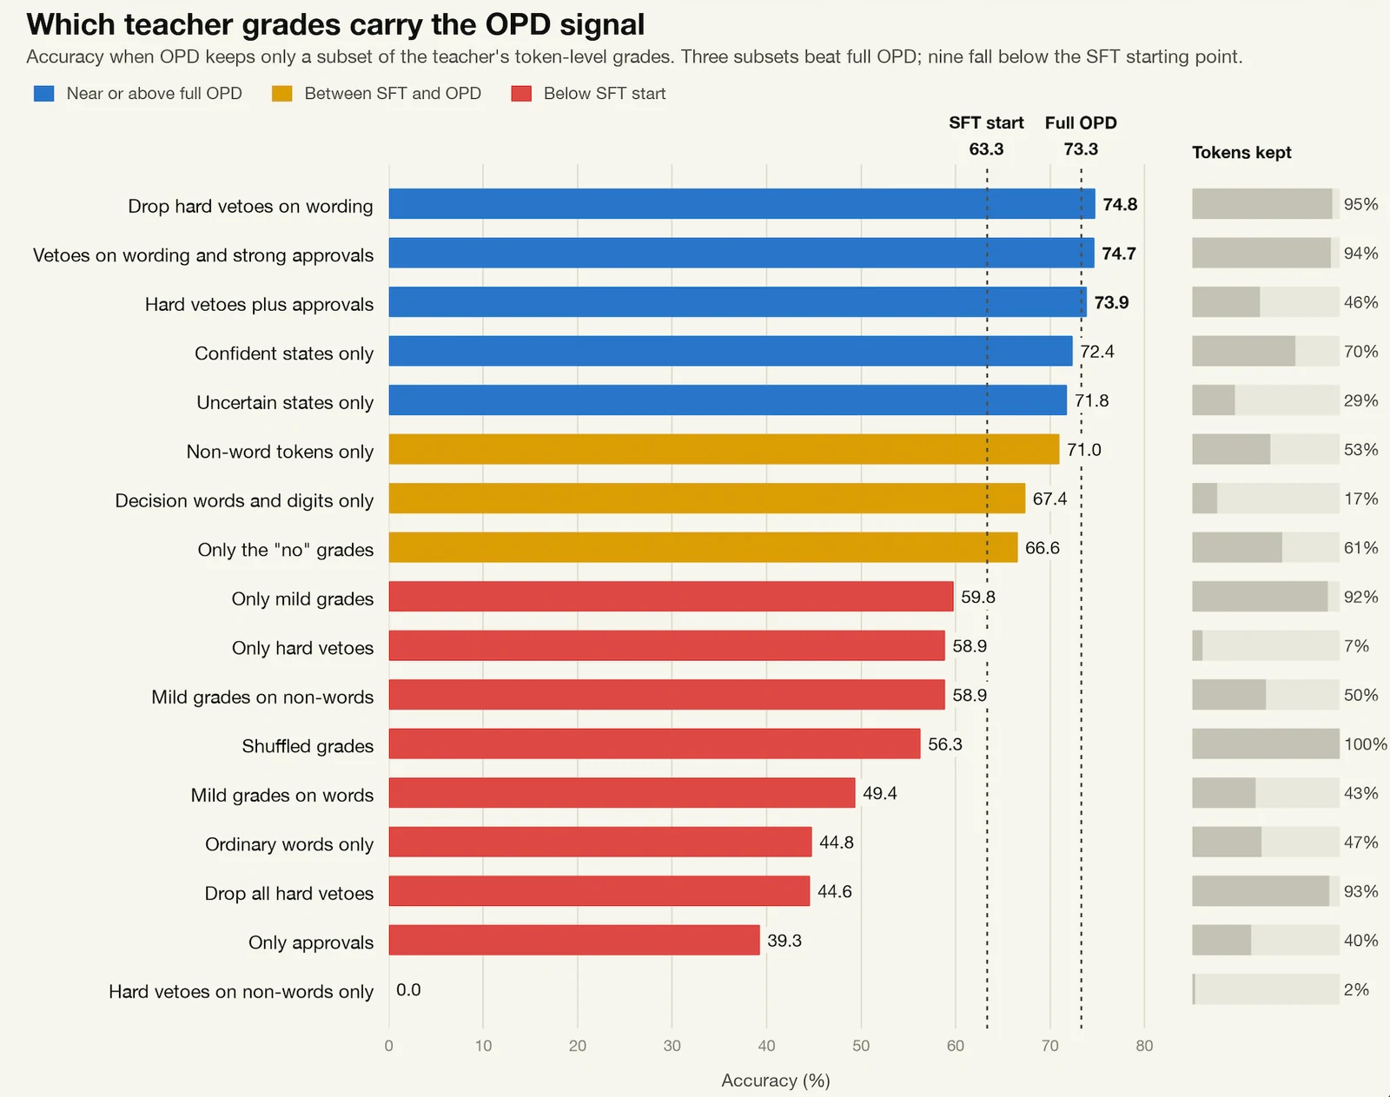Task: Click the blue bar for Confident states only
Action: point(731,351)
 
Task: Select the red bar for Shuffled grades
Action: point(654,743)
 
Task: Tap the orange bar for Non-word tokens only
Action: point(724,449)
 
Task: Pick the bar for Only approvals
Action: point(574,940)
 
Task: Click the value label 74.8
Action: point(1120,204)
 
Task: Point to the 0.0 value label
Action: point(408,989)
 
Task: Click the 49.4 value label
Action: point(880,793)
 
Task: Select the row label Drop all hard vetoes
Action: point(288,893)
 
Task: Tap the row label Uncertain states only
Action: point(285,402)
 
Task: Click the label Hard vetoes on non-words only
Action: point(241,991)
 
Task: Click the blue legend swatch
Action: point(44,94)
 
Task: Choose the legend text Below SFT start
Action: point(605,94)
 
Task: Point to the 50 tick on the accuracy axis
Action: point(861,1046)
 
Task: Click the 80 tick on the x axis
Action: point(1144,1046)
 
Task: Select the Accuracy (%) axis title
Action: point(776,1080)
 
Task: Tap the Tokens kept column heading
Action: point(1241,152)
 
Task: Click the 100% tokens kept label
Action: point(1366,743)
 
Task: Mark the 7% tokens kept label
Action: point(1356,645)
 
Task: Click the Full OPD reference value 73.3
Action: point(1082,149)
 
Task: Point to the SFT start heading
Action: point(986,122)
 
